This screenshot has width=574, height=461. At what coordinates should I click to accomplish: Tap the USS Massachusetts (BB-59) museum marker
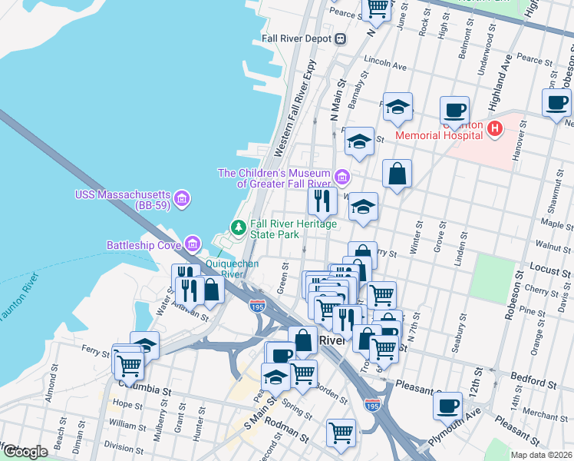(x=182, y=200)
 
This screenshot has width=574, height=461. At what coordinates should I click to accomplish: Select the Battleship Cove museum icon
(x=192, y=245)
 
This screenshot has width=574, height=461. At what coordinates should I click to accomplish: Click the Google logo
(x=25, y=452)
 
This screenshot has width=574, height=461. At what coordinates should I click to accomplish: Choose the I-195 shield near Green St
(x=258, y=306)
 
